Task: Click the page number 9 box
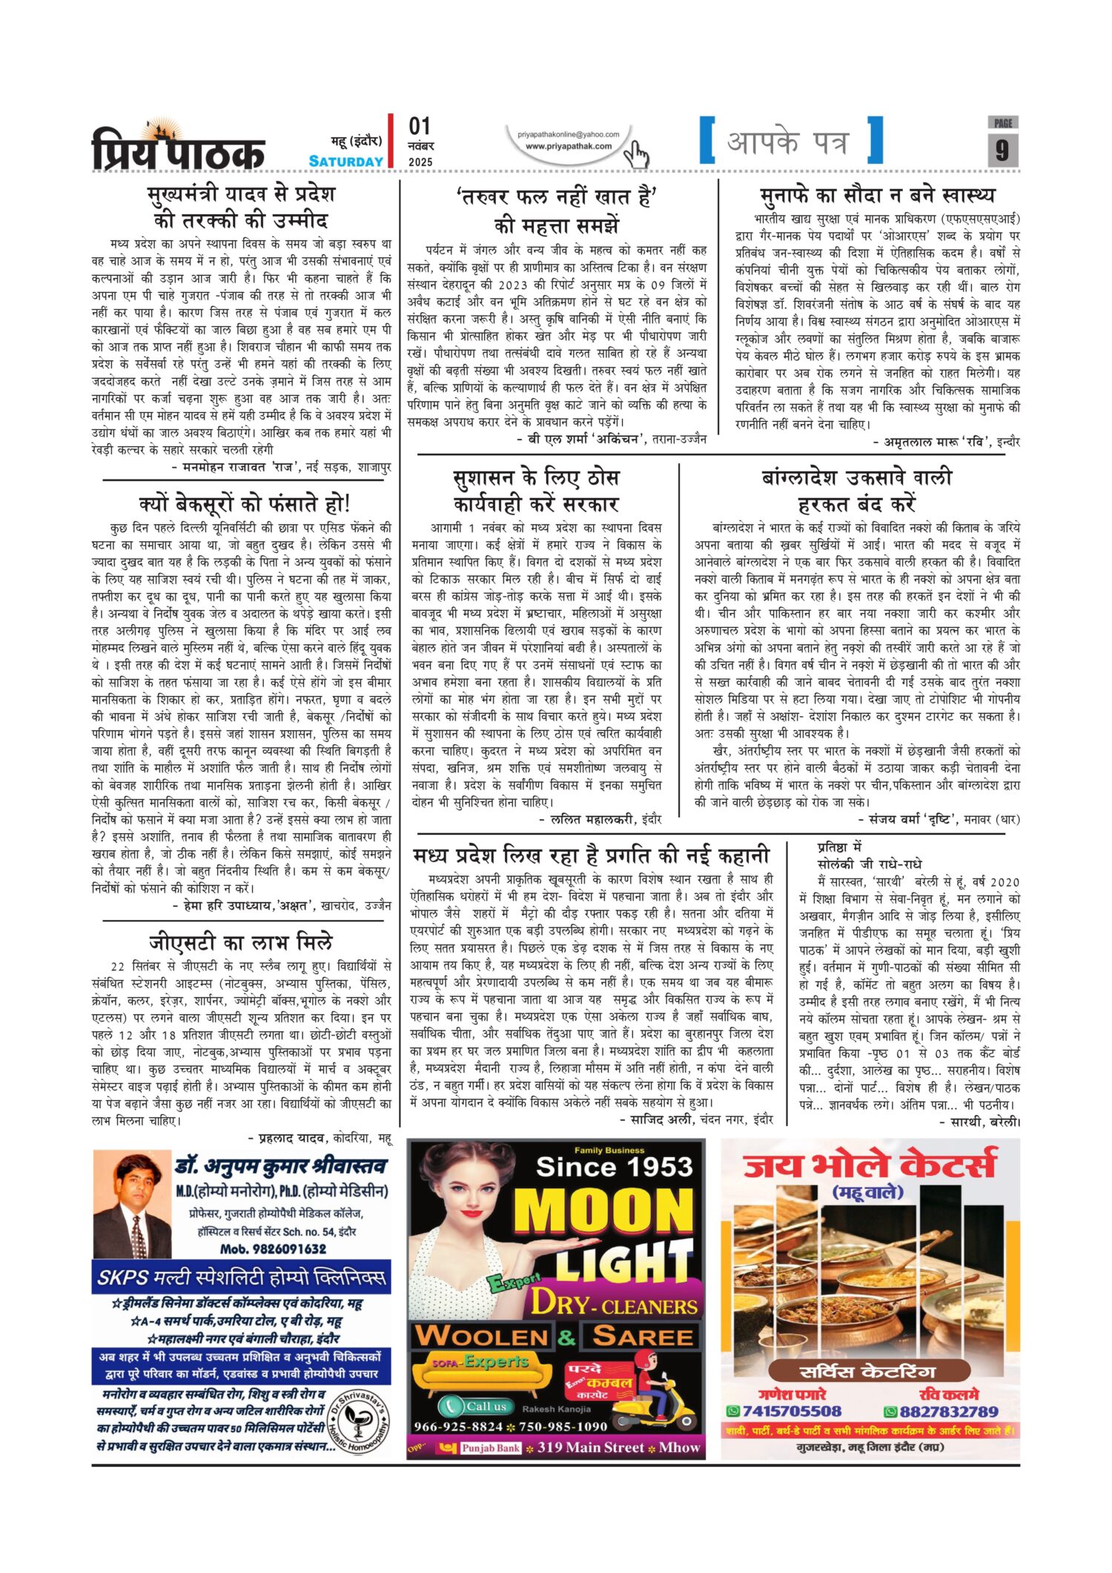pyautogui.click(x=1002, y=149)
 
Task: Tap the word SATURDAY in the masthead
pyautogui.click(x=345, y=161)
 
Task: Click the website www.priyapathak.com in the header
pyautogui.click(x=569, y=146)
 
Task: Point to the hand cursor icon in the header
pyautogui.click(x=635, y=153)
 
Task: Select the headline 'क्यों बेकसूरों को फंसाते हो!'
pyautogui.click(x=245, y=504)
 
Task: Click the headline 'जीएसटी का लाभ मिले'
pyautogui.click(x=241, y=942)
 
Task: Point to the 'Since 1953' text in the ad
pyautogui.click(x=614, y=1167)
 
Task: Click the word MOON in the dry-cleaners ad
pyautogui.click(x=603, y=1213)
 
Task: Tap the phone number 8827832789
pyautogui.click(x=947, y=1411)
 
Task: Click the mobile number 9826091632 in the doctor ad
pyautogui.click(x=274, y=1248)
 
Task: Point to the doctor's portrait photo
pyautogui.click(x=132, y=1205)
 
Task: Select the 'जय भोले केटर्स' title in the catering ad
pyautogui.click(x=870, y=1164)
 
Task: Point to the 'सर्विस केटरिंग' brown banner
pyautogui.click(x=870, y=1371)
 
